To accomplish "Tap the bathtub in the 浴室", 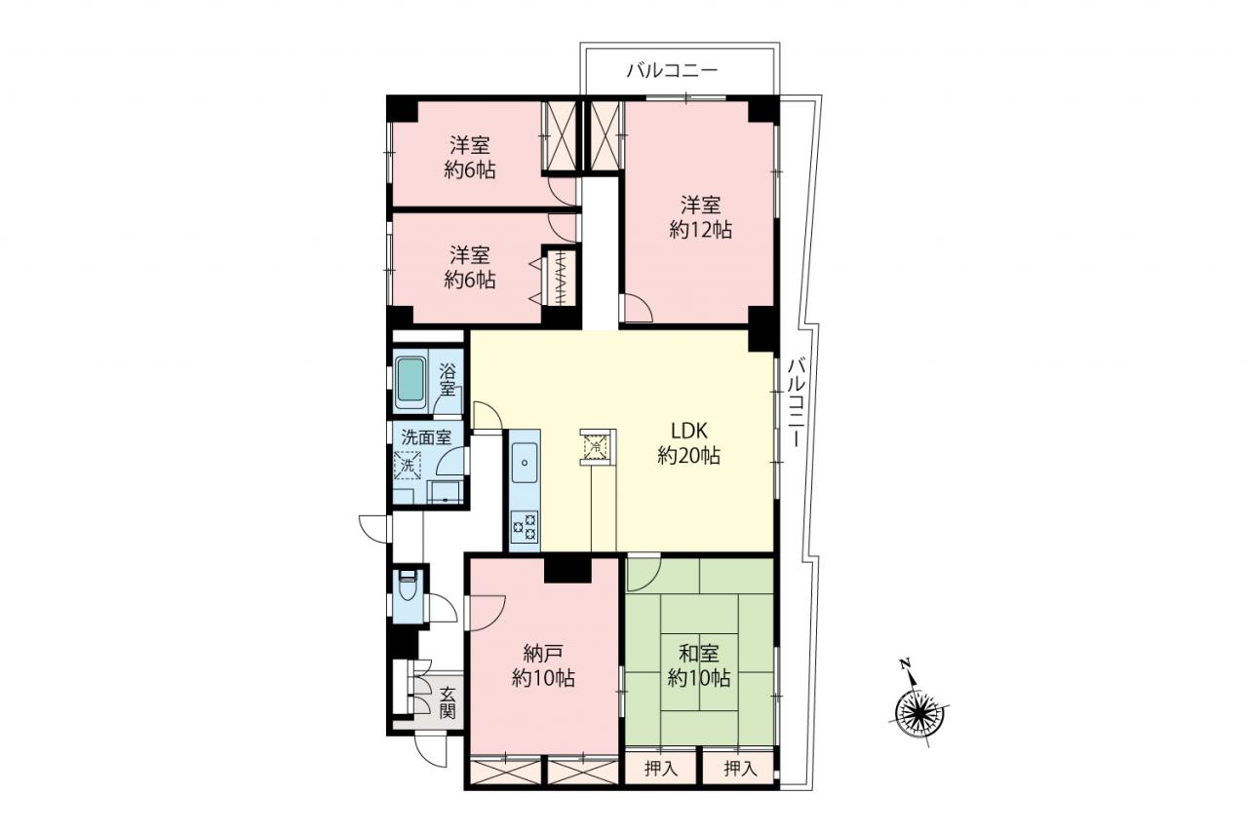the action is pos(410,383).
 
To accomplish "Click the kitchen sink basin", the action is pos(525,463).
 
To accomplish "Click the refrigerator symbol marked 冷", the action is pos(596,446).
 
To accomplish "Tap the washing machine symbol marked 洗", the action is pos(408,465).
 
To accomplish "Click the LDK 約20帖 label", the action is pos(688,443).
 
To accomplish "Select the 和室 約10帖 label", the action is pos(699,665).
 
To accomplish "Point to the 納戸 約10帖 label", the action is pos(543,665).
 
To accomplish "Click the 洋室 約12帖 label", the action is pos(700,217).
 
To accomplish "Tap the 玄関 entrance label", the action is pos(448,703).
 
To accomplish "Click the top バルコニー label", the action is pos(672,71).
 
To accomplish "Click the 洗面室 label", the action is pos(426,437).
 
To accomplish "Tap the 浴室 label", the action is pos(447,379).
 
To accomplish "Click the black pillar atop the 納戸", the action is pos(567,569).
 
